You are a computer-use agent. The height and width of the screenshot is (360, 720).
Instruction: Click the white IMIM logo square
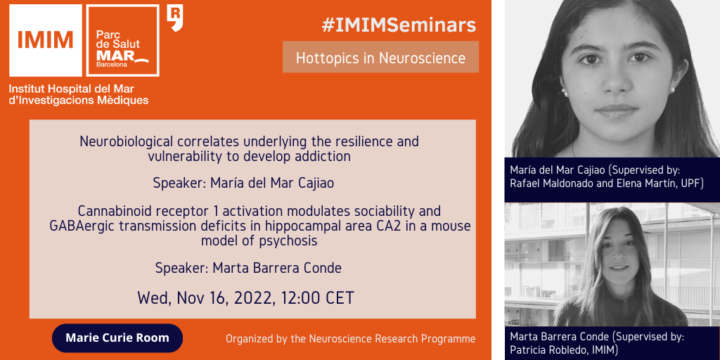[x=46, y=40]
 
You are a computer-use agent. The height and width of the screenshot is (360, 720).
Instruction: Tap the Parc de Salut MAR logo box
[x=123, y=40]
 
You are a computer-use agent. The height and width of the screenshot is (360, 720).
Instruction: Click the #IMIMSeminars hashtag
[x=399, y=26]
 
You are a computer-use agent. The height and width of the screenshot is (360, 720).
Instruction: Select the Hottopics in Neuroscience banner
[x=380, y=58]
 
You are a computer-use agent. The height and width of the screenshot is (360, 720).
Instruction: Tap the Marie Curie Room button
[x=117, y=338]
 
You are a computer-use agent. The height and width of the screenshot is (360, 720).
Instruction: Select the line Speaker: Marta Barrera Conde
[x=248, y=268]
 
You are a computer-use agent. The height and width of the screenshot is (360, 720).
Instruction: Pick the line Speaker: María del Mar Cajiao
[x=243, y=184]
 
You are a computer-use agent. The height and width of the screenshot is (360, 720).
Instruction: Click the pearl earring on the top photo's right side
[x=671, y=90]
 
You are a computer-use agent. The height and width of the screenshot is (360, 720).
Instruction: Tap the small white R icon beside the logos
[x=175, y=18]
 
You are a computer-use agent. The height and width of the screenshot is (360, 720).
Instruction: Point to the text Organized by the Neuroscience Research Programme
[x=350, y=340]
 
